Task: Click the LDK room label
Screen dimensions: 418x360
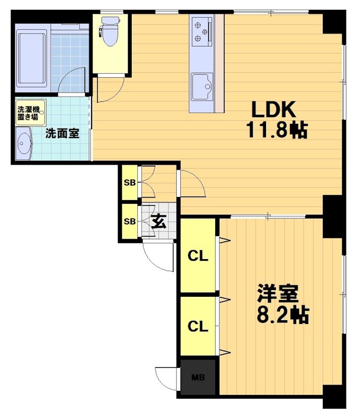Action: pyautogui.click(x=274, y=110)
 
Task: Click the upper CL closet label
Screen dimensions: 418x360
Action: pyautogui.click(x=198, y=257)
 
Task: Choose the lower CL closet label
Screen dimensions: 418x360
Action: pyautogui.click(x=198, y=327)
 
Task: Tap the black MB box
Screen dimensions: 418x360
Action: pyautogui.click(x=198, y=377)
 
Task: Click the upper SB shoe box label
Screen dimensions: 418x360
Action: pyautogui.click(x=129, y=183)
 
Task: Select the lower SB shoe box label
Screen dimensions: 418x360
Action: pyautogui.click(x=129, y=221)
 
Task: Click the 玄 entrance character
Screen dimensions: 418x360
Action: pyautogui.click(x=159, y=222)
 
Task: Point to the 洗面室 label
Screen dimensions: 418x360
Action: pyautogui.click(x=62, y=133)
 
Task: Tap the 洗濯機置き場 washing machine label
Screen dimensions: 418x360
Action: pyautogui.click(x=28, y=113)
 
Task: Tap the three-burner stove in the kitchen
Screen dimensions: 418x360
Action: pyautogui.click(x=201, y=30)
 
